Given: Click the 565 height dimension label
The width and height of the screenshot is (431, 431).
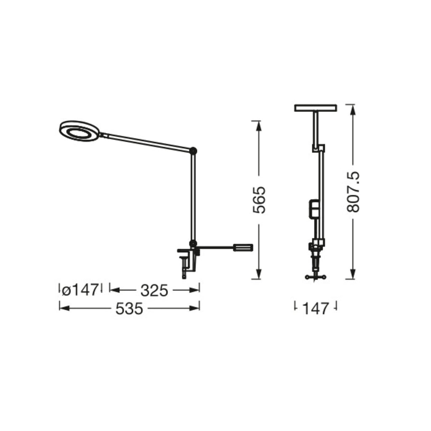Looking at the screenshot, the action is tap(259, 200).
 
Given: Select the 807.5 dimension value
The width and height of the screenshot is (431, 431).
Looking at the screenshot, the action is tap(353, 192).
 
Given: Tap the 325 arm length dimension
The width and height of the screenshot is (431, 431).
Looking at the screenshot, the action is tap(154, 290).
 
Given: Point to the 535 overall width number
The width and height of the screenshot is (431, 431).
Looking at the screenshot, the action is tap(129, 309).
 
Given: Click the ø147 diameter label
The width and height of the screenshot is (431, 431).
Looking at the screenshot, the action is tap(80, 290).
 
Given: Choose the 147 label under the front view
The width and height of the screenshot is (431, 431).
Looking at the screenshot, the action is tap(316, 309).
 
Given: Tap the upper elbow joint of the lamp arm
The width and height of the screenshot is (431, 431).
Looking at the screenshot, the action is tap(193, 150).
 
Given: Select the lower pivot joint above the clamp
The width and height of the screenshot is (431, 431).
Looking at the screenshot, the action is tap(193, 243).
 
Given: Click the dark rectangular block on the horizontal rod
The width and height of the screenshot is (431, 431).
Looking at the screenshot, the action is tap(243, 247).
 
